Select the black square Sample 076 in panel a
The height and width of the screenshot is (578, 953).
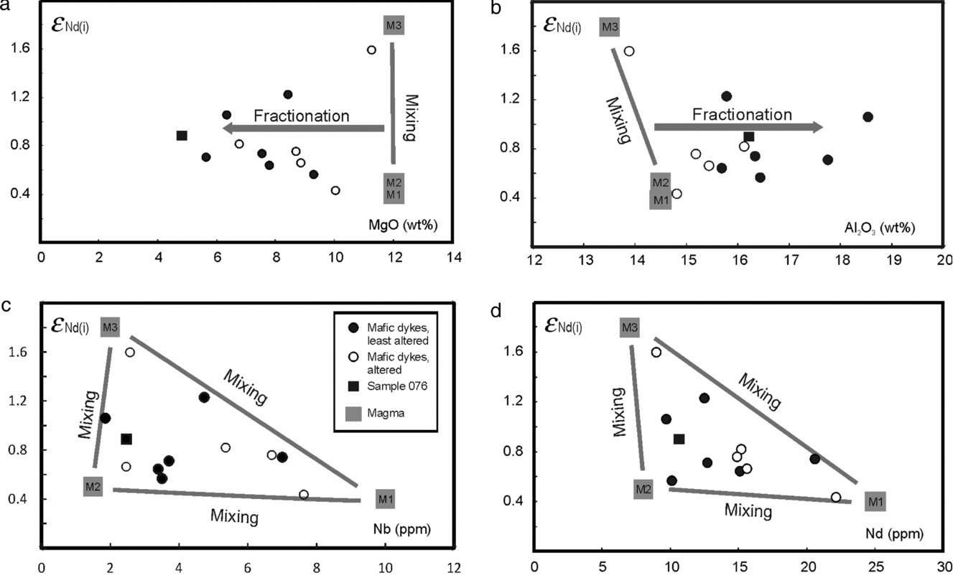[182, 136]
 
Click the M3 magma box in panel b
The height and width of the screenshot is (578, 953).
[609, 27]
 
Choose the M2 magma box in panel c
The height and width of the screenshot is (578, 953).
[93, 487]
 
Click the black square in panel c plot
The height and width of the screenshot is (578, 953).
[126, 439]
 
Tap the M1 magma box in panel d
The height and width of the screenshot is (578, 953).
[874, 500]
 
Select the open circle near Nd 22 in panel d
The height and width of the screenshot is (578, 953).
[835, 497]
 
